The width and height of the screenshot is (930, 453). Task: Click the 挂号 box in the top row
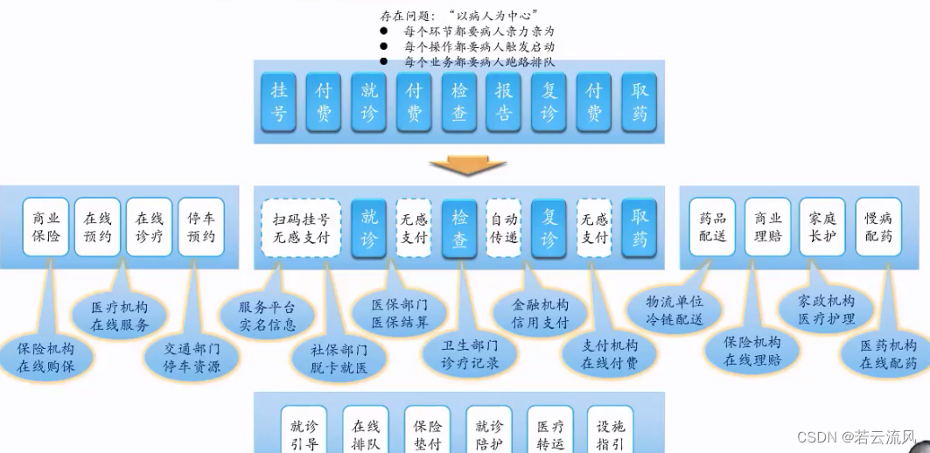(279, 101)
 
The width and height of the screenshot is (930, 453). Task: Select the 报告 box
(504, 101)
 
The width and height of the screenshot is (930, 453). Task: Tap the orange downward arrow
(469, 165)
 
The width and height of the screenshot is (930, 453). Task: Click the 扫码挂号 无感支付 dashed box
(301, 227)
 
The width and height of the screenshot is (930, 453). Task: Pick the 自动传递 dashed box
(504, 227)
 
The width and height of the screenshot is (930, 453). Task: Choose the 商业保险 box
(46, 227)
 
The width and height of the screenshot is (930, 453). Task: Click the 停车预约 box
(201, 227)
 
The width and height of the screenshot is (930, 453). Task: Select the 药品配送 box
(712, 227)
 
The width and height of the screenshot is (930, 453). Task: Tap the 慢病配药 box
(878, 227)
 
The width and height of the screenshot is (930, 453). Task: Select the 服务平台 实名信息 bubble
(269, 316)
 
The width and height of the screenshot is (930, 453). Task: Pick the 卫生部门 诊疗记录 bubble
(472, 355)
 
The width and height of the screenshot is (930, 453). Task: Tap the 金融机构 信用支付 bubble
(543, 314)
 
